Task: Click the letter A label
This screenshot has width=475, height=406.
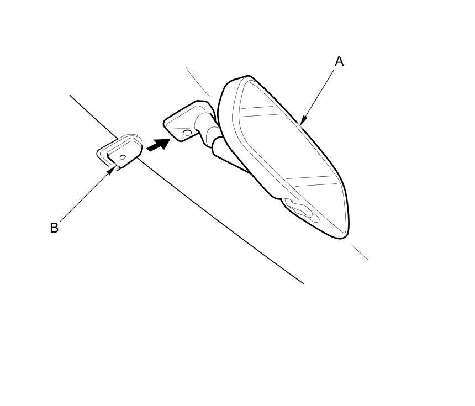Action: click(339, 61)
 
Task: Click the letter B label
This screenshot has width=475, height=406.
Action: click(54, 228)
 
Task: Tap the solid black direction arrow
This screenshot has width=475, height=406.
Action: click(158, 144)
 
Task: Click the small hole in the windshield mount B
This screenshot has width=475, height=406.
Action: click(123, 157)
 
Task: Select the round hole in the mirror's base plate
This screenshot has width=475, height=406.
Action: click(187, 133)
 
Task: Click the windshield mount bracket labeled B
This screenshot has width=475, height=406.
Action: click(120, 151)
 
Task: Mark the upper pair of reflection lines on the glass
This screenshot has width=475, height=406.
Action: click(261, 111)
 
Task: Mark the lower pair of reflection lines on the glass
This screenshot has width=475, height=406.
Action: click(312, 181)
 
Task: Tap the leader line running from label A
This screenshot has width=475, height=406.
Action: click(319, 95)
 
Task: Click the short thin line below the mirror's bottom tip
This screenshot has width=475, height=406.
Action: click(360, 252)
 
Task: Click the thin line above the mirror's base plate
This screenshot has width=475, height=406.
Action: click(198, 82)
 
